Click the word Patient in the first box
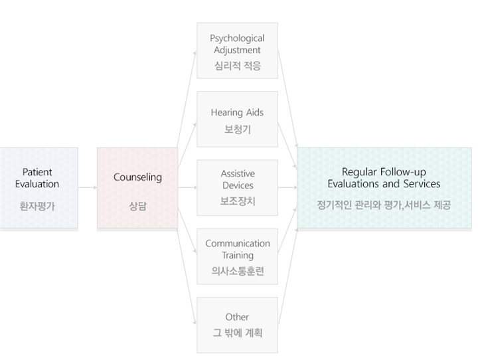point(37,172)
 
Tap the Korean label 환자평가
point(37,207)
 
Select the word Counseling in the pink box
point(137,177)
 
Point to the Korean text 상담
point(137,207)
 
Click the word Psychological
point(237,39)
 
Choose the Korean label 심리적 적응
point(238,66)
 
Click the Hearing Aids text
point(237,113)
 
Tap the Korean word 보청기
point(238,130)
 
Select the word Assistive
point(238,173)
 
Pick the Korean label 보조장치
point(238,201)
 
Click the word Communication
point(238,244)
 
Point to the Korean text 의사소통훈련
point(238,270)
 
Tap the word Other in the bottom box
point(237,317)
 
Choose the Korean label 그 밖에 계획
point(238,333)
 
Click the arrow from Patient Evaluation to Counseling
point(88,187)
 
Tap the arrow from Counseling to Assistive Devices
point(187,187)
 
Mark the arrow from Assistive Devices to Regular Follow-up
point(287,187)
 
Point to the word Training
point(238,255)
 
